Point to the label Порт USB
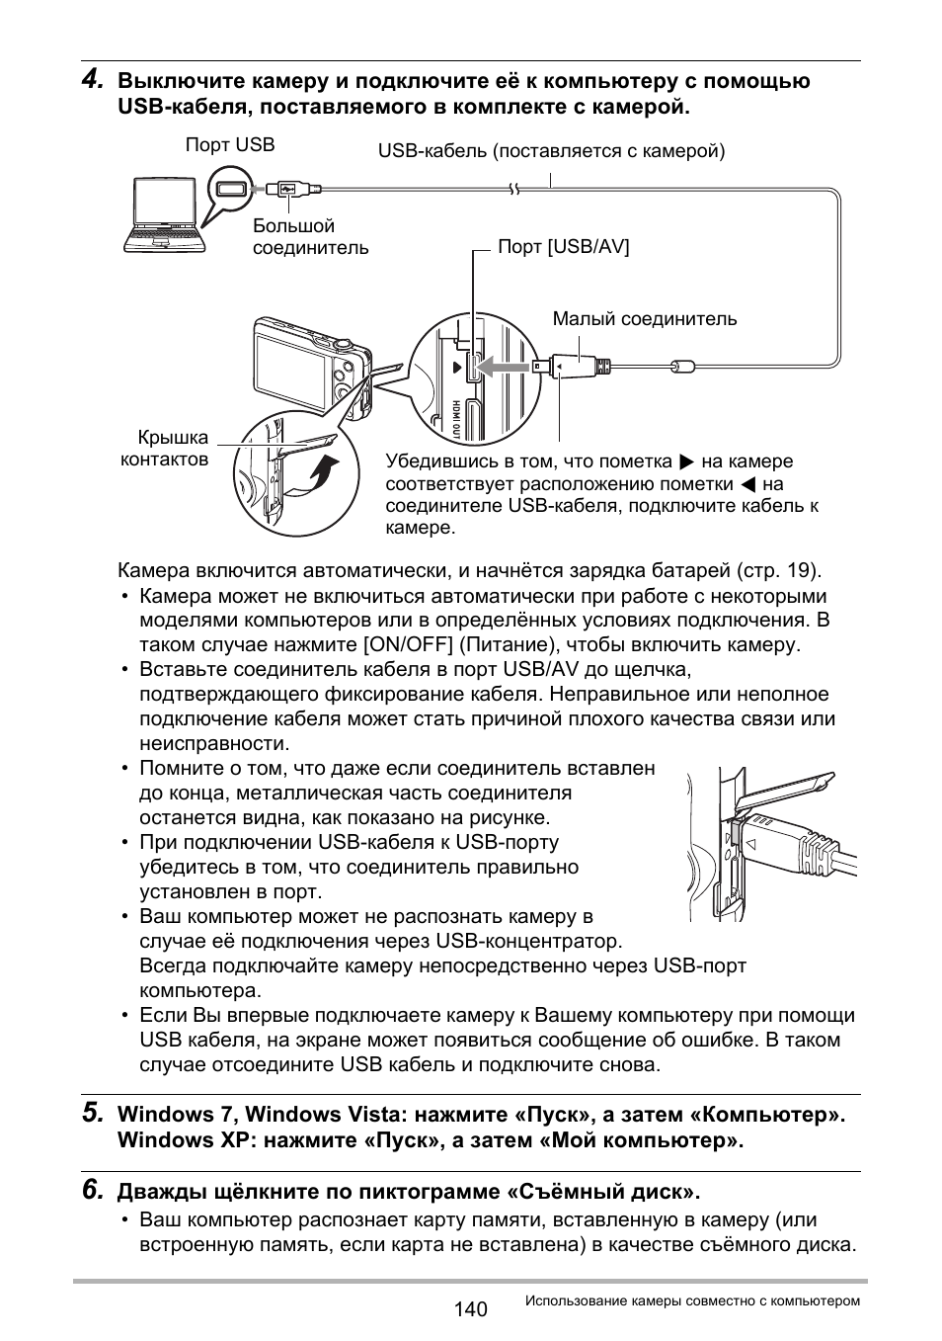[230, 145]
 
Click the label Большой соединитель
[310, 237]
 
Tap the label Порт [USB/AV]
[563, 247]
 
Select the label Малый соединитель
[644, 319]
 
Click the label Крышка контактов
[165, 449]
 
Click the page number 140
[471, 1309]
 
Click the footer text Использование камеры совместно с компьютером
[692, 1301]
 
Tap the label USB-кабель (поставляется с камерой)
[551, 151]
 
